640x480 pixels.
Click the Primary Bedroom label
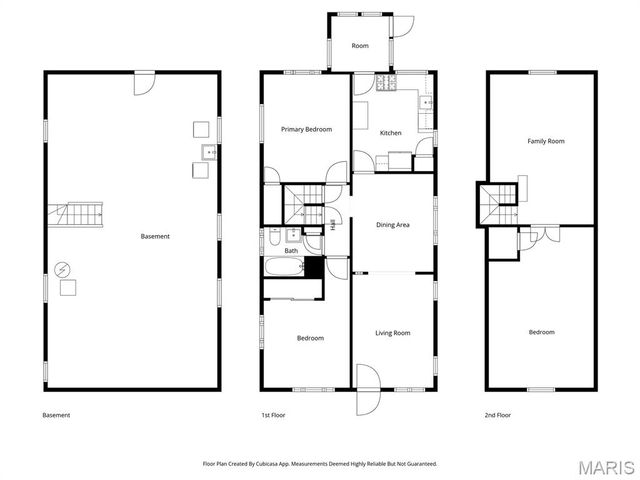(306, 129)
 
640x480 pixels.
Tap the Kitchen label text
(390, 133)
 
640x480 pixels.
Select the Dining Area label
(392, 225)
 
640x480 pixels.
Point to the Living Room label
(392, 333)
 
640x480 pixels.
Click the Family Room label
(546, 141)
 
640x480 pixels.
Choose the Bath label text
(291, 251)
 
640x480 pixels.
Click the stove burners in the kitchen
(387, 84)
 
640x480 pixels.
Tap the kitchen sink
(427, 102)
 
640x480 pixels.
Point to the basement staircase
(79, 213)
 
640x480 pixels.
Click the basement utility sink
(210, 152)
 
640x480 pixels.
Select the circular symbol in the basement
(62, 269)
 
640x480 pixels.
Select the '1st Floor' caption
(275, 415)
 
